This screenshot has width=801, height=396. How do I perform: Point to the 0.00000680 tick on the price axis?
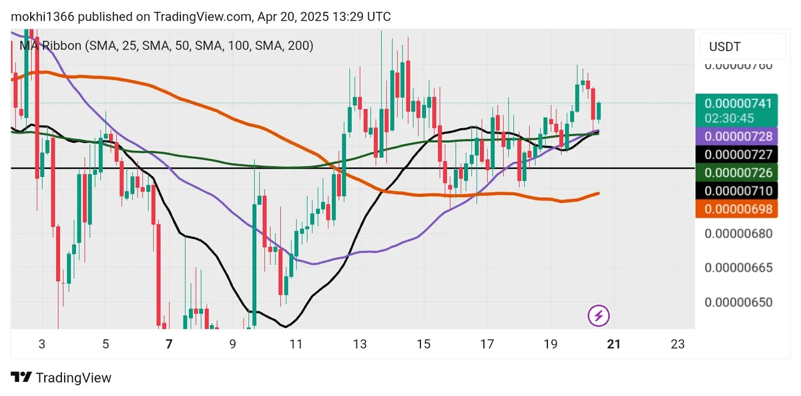pos(738,234)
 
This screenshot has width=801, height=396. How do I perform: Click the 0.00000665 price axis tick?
pos(738,268)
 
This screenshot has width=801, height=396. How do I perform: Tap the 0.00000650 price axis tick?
pos(738,302)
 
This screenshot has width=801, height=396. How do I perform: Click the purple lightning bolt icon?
pos(599,315)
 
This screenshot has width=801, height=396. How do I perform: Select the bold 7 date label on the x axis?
pos(169,344)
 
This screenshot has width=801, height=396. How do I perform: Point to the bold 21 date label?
pos(614,344)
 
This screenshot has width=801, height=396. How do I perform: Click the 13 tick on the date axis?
pos(360,344)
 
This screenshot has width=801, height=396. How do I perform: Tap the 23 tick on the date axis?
pos(678,344)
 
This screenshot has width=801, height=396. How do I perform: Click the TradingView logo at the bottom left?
pos(61,377)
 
